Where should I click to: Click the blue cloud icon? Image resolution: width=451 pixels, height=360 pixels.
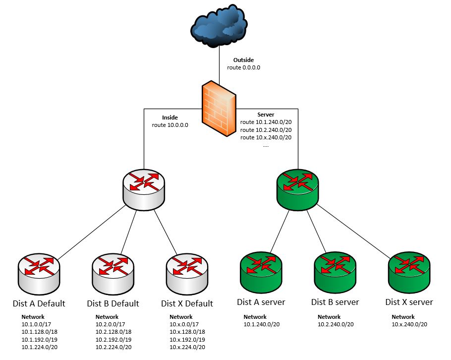[219, 27]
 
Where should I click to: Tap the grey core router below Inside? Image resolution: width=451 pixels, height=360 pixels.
[144, 188]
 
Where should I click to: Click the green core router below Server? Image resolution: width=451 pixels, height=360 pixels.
[296, 188]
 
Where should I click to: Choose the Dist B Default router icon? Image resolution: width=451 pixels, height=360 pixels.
[113, 273]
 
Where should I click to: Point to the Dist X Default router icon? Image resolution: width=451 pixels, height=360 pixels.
[187, 273]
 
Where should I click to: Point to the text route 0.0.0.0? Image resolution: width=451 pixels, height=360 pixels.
[244, 67]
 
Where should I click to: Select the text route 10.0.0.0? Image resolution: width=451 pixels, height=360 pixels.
[169, 125]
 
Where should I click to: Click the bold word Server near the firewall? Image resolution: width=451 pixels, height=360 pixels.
[266, 115]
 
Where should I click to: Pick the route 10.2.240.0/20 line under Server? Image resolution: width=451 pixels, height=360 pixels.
[266, 129]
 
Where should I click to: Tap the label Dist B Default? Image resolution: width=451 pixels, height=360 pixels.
[113, 303]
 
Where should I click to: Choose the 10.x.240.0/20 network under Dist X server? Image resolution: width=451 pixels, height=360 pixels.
[409, 324]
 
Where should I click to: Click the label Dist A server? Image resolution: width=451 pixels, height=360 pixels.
[261, 302]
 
